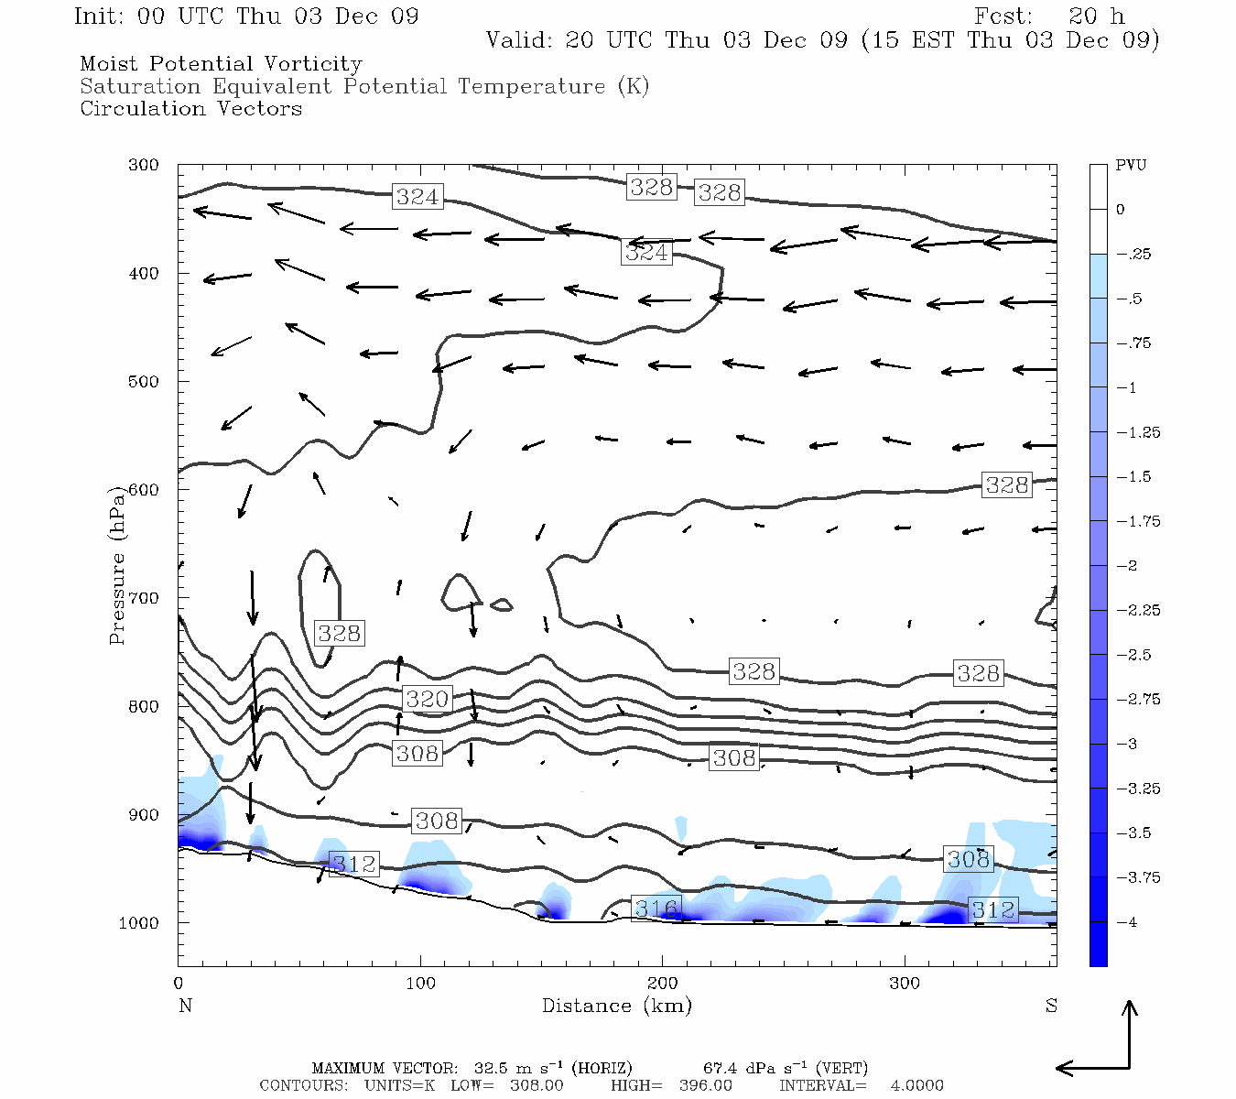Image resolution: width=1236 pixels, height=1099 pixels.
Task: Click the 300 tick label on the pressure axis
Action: coord(144,166)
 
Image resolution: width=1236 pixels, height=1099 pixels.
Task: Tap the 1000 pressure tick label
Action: coord(140,923)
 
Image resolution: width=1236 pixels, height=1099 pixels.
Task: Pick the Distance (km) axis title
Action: coord(616,1006)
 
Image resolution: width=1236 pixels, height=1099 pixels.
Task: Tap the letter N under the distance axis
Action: coord(185,1006)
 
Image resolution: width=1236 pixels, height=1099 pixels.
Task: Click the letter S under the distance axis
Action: coord(1051,1006)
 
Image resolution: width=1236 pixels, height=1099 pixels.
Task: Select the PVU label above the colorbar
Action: coord(1131,166)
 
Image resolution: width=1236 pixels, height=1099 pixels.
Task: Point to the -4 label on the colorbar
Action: coord(1127,922)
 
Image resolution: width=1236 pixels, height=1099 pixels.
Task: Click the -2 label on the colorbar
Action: coord(1127,566)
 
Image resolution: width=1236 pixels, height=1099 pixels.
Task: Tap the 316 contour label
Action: coord(656,909)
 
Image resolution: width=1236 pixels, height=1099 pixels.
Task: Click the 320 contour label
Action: coord(427,699)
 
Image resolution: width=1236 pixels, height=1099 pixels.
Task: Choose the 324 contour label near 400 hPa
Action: coord(646,252)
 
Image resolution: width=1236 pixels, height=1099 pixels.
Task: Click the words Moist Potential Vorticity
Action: coord(221,64)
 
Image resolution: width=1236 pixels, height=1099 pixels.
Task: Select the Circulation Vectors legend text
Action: coord(190,109)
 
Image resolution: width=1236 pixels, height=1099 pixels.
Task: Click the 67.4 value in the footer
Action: coord(720,1069)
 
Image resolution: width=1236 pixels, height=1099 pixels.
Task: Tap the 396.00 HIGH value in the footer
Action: coord(705,1085)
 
